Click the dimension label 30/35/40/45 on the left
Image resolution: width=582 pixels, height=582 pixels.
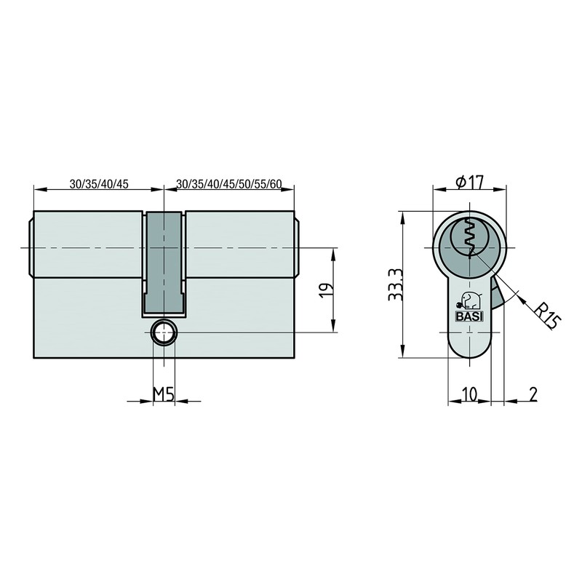pos(99,183)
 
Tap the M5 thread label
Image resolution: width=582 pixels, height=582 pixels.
pos(163,394)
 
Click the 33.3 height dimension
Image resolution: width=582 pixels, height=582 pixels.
pos(393,285)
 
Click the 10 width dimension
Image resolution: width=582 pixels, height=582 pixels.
pos(469,394)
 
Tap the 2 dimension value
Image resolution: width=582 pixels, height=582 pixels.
pos(533,394)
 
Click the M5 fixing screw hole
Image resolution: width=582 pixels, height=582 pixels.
pos(163,333)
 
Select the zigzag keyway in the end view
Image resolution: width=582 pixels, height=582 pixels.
pos(471,239)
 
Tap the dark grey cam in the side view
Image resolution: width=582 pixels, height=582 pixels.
pos(163,262)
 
